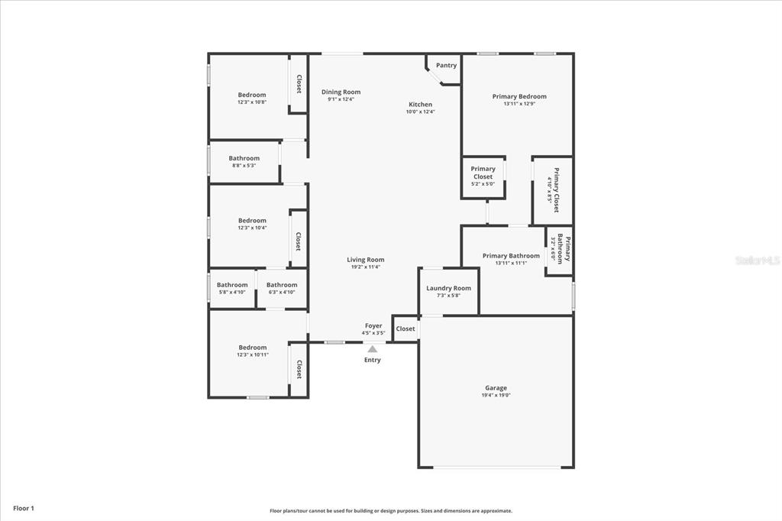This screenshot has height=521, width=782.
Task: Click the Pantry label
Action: (446, 66)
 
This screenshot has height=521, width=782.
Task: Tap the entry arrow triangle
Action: (373, 349)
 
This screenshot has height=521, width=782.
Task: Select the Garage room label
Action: (496, 388)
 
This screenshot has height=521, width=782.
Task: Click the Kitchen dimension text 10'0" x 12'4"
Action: (421, 112)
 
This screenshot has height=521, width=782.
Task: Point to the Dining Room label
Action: (341, 92)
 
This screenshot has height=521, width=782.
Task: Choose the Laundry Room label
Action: (448, 288)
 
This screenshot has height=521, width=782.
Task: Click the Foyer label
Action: (373, 326)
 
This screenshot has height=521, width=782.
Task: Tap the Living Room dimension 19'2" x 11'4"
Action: (366, 267)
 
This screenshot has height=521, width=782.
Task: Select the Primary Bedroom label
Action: (519, 96)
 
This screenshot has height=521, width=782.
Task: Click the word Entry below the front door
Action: (373, 360)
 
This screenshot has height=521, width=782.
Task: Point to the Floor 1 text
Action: (24, 509)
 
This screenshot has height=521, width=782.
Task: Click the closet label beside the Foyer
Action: (405, 328)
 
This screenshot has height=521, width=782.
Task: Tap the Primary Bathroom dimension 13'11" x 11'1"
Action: (511, 263)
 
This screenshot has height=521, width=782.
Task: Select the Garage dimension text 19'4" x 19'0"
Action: (496, 395)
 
